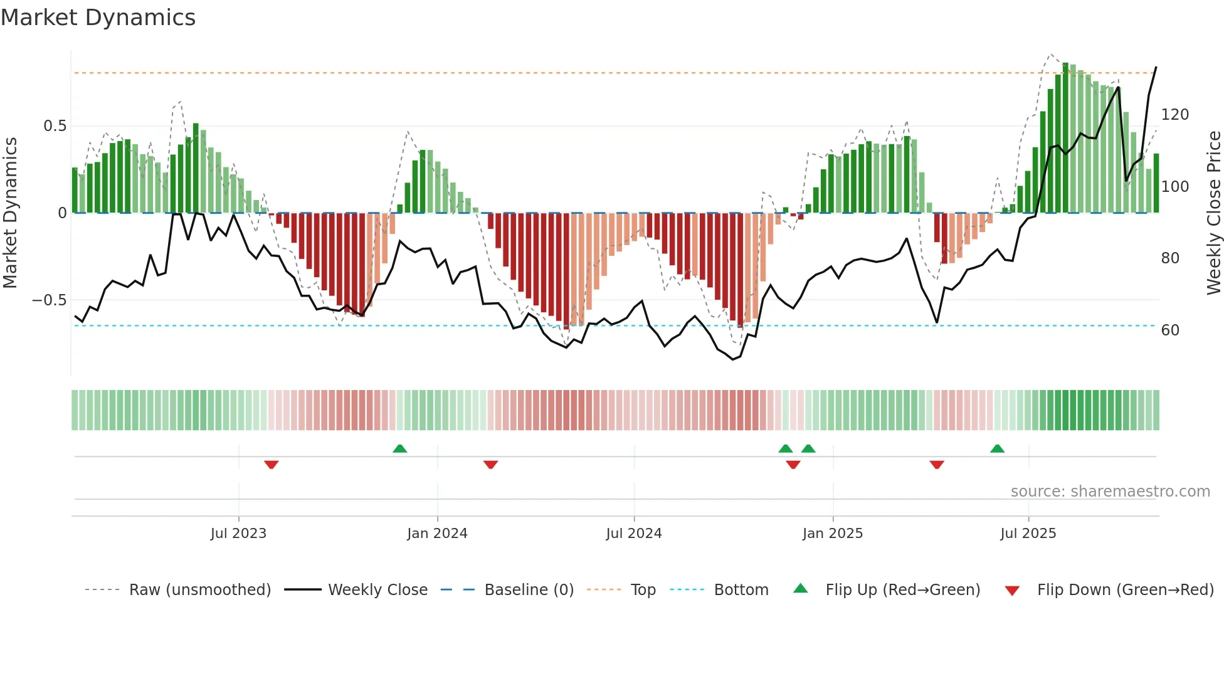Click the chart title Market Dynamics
click(x=98, y=18)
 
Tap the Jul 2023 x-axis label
click(x=238, y=534)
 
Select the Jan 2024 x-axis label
click(x=437, y=534)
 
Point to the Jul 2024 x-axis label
click(x=634, y=534)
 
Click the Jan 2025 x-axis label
click(x=833, y=534)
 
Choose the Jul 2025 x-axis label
click(x=1028, y=534)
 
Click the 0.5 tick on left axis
click(x=55, y=126)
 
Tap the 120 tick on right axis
click(x=1174, y=115)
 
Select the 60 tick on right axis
click(x=1170, y=330)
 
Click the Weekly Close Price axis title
click(x=1215, y=213)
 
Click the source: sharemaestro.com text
click(x=1110, y=492)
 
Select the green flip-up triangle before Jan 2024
click(x=399, y=448)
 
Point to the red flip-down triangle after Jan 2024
click(x=490, y=465)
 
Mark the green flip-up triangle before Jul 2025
click(x=997, y=448)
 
